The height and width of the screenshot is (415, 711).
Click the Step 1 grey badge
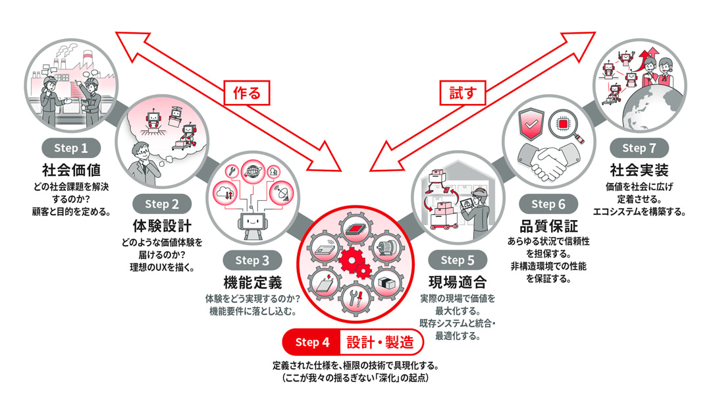point(71,148)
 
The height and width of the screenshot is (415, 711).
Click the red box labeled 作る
point(247,93)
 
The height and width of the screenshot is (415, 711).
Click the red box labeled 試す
point(463,93)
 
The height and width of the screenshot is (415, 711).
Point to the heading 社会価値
point(71,169)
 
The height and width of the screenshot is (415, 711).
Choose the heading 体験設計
point(162,225)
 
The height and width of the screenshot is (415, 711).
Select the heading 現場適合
point(458,283)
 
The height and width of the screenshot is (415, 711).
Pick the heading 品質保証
point(548,225)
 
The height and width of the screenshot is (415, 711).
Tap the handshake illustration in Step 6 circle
point(549,159)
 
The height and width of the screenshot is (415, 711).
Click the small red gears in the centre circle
point(355,263)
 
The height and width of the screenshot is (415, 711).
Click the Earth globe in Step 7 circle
point(649,112)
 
